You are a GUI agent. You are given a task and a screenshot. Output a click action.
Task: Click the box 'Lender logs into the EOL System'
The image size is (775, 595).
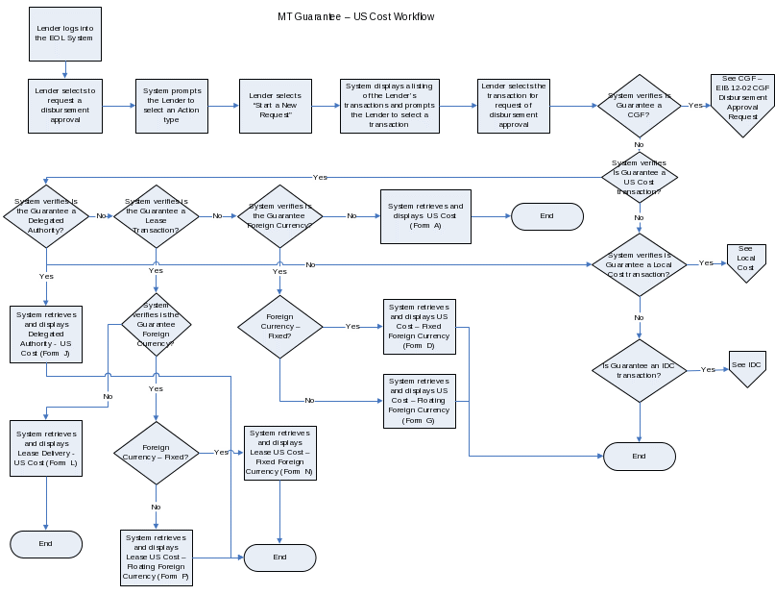pyautogui.click(x=64, y=34)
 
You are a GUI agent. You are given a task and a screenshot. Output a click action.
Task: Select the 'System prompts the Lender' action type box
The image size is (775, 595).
pyautogui.click(x=172, y=105)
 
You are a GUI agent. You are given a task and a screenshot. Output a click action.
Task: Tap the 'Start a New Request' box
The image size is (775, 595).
pyautogui.click(x=275, y=105)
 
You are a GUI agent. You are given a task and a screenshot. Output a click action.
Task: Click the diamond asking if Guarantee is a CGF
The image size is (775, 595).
pyautogui.click(x=639, y=105)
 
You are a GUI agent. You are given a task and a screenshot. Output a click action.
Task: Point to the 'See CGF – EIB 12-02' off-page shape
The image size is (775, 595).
pyautogui.click(x=741, y=102)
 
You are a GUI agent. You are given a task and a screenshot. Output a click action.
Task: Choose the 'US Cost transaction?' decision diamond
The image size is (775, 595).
pyautogui.click(x=640, y=177)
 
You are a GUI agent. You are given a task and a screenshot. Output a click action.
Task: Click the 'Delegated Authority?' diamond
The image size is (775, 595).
pyautogui.click(x=46, y=216)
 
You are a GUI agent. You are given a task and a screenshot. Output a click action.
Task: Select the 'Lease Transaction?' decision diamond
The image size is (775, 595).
pyautogui.click(x=157, y=216)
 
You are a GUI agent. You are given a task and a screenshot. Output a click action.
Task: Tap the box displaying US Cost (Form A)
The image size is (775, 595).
pyautogui.click(x=424, y=216)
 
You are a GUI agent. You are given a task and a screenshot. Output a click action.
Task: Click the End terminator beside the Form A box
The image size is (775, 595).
pyautogui.click(x=546, y=216)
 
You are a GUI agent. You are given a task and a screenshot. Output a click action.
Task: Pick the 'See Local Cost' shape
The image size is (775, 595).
pyautogui.click(x=745, y=260)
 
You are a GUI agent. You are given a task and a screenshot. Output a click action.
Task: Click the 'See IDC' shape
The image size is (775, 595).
pyautogui.click(x=746, y=367)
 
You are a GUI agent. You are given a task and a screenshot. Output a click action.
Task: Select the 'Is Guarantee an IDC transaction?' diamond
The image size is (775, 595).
pyautogui.click(x=640, y=370)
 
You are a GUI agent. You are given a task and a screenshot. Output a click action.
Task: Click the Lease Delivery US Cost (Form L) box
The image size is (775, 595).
pyautogui.click(x=46, y=448)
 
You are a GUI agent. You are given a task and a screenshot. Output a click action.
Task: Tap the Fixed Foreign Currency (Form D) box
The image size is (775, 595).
pyautogui.click(x=419, y=327)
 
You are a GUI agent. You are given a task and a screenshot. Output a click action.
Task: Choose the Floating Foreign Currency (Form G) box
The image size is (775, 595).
pyautogui.click(x=419, y=401)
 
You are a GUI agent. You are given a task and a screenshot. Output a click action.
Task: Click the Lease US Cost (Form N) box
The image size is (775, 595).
pyautogui.click(x=279, y=452)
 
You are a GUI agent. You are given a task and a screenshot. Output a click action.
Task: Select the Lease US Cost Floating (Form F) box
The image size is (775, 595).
pyautogui.click(x=156, y=558)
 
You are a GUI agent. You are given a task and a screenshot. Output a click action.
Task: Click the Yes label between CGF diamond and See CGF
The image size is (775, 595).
pyautogui.click(x=694, y=105)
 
